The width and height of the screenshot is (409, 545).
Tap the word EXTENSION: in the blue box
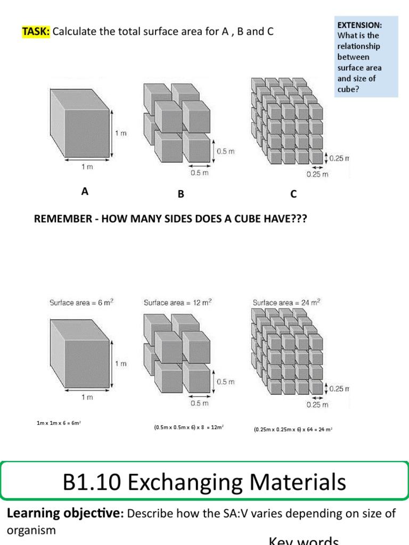(359, 25)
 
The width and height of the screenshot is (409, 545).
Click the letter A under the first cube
(84, 192)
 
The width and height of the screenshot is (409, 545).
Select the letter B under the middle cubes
(181, 195)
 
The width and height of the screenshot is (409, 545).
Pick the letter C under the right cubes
(293, 195)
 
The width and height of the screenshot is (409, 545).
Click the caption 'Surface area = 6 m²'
(81, 302)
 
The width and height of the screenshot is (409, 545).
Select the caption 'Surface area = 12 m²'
(177, 302)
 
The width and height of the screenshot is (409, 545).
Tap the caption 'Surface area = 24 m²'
(287, 303)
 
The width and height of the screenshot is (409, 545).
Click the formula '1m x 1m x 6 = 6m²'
(58, 424)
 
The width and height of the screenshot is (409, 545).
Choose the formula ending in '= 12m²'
(189, 427)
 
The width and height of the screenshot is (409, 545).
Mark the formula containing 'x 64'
(293, 428)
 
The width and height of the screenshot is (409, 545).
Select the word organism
(30, 531)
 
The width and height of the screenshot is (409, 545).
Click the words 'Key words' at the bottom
(304, 540)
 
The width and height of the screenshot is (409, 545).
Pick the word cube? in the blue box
(348, 89)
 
